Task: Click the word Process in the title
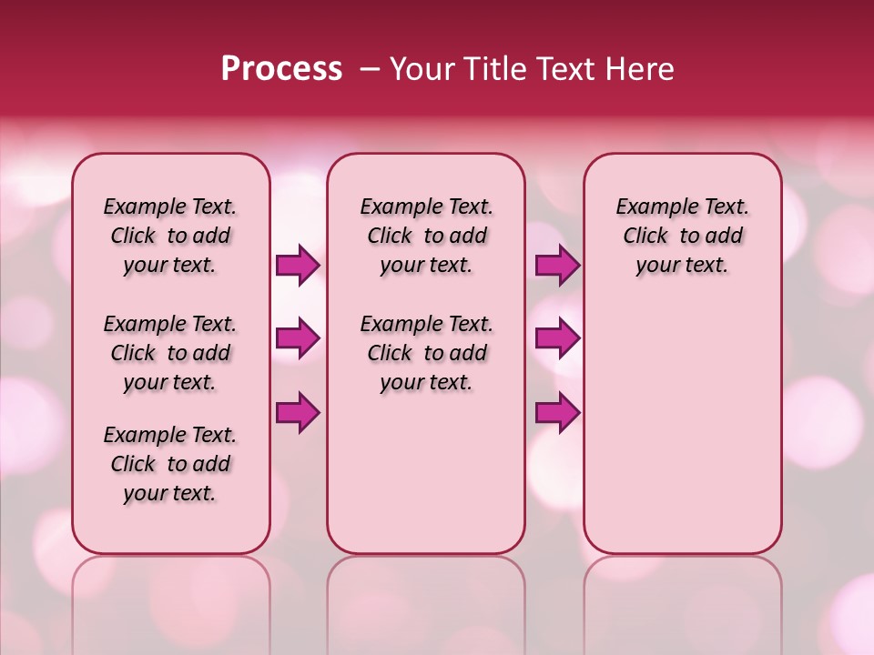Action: [x=281, y=69]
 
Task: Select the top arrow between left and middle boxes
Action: [x=298, y=266]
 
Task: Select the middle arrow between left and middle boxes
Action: [x=298, y=339]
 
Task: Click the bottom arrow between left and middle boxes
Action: [x=298, y=413]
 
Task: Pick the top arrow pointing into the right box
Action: [x=557, y=266]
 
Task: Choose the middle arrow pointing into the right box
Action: [x=557, y=339]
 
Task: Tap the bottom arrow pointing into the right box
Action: [x=557, y=413]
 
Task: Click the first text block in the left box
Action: [x=170, y=236]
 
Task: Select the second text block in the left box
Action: [x=170, y=353]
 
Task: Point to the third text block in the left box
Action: [x=170, y=464]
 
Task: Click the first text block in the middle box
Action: [x=426, y=236]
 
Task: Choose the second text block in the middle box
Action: [x=426, y=353]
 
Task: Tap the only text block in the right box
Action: [x=682, y=236]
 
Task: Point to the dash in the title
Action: [x=370, y=69]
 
